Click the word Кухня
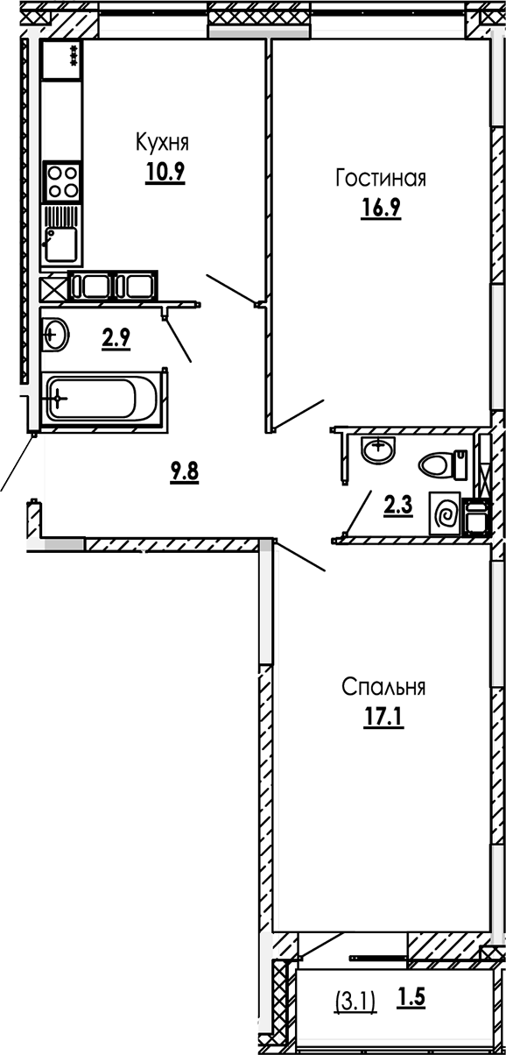(162, 142)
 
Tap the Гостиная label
(380, 180)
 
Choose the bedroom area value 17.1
(382, 718)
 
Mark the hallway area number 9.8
(184, 472)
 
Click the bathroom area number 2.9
(116, 338)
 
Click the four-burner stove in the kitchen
(61, 181)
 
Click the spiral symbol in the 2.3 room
(445, 513)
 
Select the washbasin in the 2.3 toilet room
(376, 452)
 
